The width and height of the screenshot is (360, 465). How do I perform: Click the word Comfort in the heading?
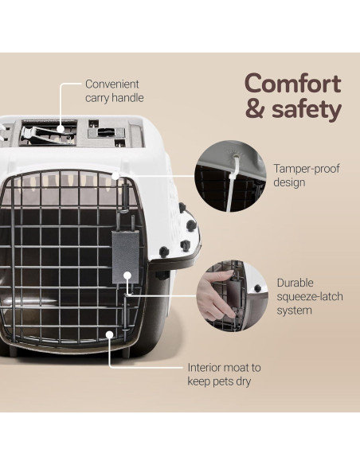pyautogui.click(x=292, y=83)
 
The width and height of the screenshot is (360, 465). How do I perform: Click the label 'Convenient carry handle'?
pyautogui.click(x=112, y=91)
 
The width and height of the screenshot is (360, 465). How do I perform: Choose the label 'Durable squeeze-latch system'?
pyautogui.click(x=306, y=296)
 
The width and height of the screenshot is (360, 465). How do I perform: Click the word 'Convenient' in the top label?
pyautogui.click(x=112, y=84)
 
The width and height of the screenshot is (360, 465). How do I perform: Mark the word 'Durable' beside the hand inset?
pyautogui.click(x=296, y=282)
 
